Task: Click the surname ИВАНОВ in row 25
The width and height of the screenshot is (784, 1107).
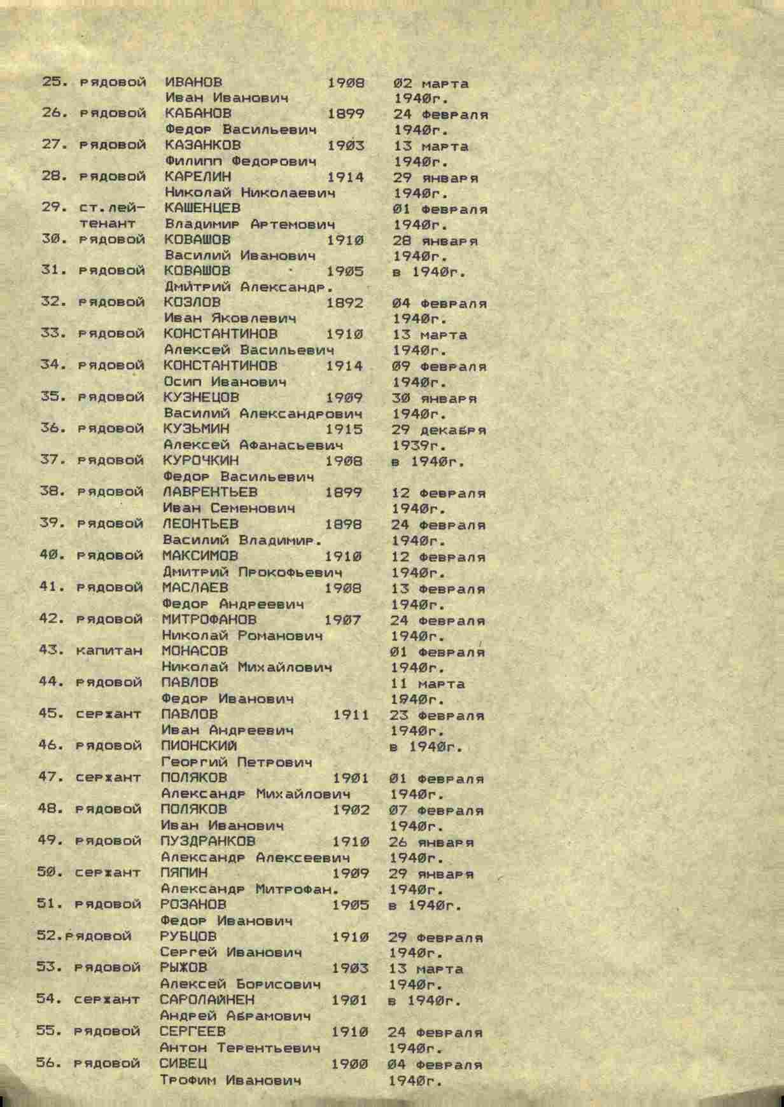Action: tap(193, 82)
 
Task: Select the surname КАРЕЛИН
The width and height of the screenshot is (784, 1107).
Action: tap(198, 176)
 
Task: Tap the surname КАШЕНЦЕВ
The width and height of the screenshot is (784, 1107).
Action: tap(202, 208)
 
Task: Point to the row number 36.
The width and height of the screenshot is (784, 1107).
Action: tap(53, 428)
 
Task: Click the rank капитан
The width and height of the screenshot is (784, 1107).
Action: tap(109, 650)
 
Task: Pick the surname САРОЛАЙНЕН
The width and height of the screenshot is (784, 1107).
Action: tap(207, 999)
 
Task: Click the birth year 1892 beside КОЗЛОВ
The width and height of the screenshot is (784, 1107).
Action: tap(345, 302)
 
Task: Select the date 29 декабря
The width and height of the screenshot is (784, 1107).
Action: tap(440, 430)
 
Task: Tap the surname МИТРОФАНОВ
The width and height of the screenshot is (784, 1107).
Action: tap(209, 619)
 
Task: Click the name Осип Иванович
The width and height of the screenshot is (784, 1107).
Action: tap(225, 382)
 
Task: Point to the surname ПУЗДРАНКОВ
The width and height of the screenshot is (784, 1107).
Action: tap(208, 841)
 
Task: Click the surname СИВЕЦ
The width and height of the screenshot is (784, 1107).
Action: tap(183, 1063)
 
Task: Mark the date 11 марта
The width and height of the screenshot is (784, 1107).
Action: tap(428, 684)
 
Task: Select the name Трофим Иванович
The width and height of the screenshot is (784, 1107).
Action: tap(230, 1080)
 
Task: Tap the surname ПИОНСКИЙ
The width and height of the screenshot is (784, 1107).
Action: tap(199, 746)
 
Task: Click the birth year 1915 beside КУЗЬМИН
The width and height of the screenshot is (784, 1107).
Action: tap(344, 428)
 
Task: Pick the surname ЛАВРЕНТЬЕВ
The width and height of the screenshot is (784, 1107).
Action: tap(210, 492)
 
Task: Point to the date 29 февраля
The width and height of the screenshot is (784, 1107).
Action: tap(435, 938)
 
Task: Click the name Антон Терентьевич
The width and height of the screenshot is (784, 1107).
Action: tap(239, 1047)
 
